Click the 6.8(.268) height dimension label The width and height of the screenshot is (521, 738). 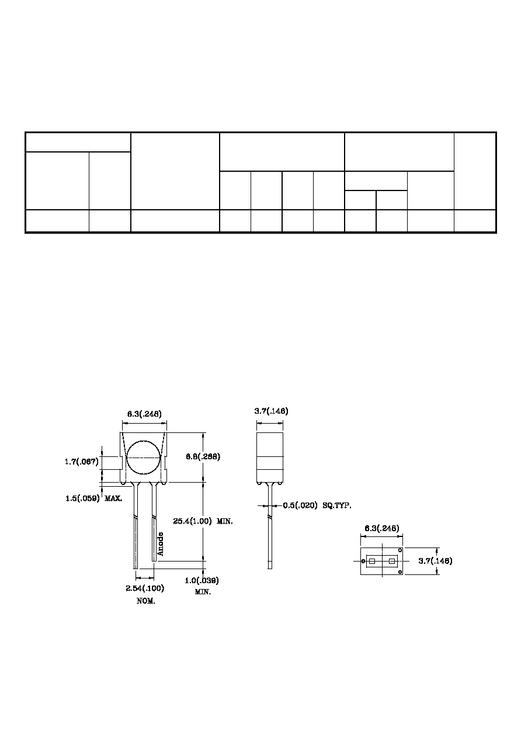tap(203, 456)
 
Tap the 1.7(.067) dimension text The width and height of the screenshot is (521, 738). tap(81, 462)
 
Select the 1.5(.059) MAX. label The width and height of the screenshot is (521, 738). tap(94, 498)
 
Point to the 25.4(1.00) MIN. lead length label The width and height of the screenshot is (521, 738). tap(203, 521)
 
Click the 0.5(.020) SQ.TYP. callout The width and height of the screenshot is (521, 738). tap(317, 505)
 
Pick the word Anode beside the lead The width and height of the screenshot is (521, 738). tap(160, 544)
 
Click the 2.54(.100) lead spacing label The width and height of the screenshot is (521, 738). tap(145, 588)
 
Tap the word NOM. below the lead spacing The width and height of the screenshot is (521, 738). tap(146, 601)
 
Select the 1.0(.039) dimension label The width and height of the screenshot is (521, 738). tap(202, 580)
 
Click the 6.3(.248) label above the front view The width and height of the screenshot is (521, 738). tap(144, 414)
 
